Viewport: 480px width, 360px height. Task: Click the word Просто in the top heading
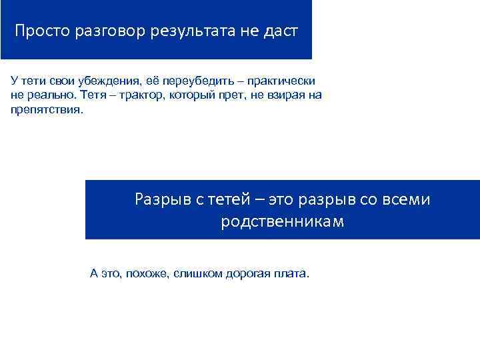pyautogui.click(x=39, y=31)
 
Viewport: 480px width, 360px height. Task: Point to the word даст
pyautogui.click(x=280, y=31)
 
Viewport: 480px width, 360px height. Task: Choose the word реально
pyautogui.click(x=49, y=95)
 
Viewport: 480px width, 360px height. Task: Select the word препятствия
pyautogui.click(x=47, y=109)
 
